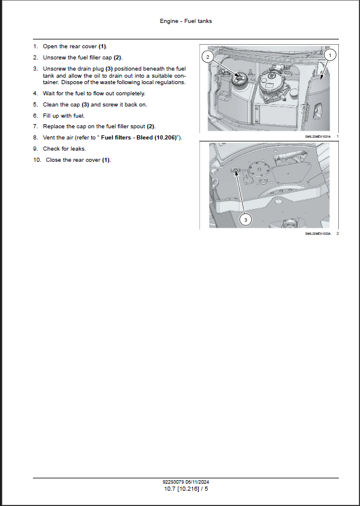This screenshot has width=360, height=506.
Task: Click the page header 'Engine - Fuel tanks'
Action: click(185, 21)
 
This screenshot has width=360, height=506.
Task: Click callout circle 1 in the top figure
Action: click(329, 55)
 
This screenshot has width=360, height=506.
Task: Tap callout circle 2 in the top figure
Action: click(207, 56)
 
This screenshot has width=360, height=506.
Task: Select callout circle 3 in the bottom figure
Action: click(246, 219)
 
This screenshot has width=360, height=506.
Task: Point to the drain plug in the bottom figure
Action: click(235, 171)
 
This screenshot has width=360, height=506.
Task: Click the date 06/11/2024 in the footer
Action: click(198, 482)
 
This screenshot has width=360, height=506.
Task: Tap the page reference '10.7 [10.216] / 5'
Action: click(185, 488)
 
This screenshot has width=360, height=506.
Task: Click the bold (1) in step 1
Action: click(102, 46)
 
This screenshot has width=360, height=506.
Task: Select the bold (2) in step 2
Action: click(118, 57)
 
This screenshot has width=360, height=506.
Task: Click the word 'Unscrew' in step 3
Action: click(54, 68)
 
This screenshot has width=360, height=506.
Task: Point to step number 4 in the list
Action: click(35, 94)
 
